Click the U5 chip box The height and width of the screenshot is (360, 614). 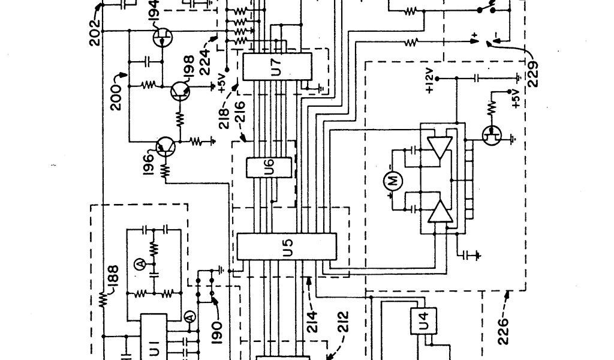coord(287,246)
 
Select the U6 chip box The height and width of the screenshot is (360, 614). coord(269,168)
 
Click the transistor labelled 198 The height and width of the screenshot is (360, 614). coord(178,90)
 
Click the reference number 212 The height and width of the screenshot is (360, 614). coord(342,327)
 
